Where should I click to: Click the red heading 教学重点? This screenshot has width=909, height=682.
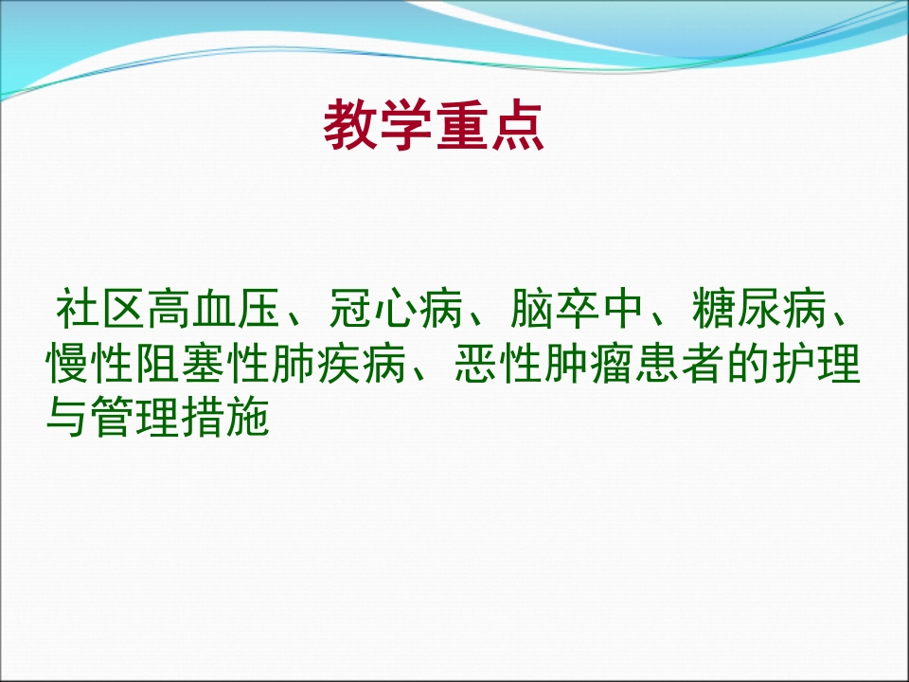pyautogui.click(x=435, y=126)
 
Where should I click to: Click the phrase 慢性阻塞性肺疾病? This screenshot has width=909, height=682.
pyautogui.click(x=228, y=365)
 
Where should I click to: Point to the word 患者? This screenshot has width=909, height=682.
pyautogui.click(x=679, y=365)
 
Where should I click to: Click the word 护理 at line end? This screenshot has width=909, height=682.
pyautogui.click(x=814, y=365)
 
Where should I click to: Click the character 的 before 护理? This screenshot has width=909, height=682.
pyautogui.click(x=746, y=365)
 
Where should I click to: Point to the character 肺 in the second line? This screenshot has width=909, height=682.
pyautogui.click(x=294, y=365)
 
